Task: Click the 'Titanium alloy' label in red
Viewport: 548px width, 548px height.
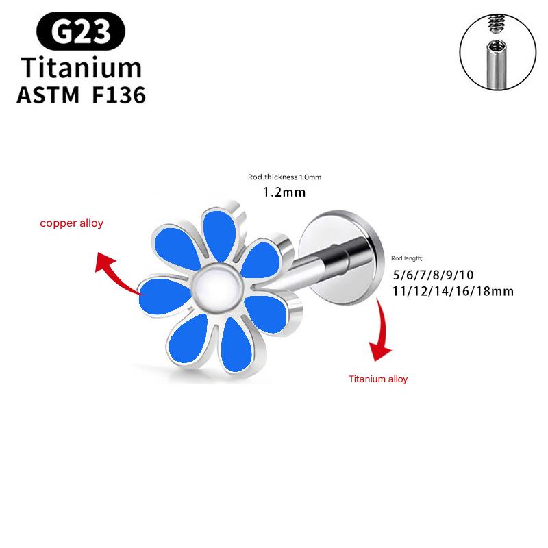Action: tap(378, 378)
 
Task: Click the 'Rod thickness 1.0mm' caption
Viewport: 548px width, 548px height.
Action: tap(284, 177)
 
